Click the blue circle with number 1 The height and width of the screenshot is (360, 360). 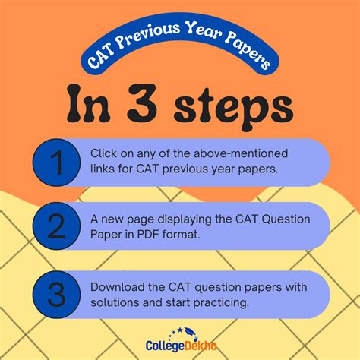pos(56,162)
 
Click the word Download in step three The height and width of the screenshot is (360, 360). pos(116,287)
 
